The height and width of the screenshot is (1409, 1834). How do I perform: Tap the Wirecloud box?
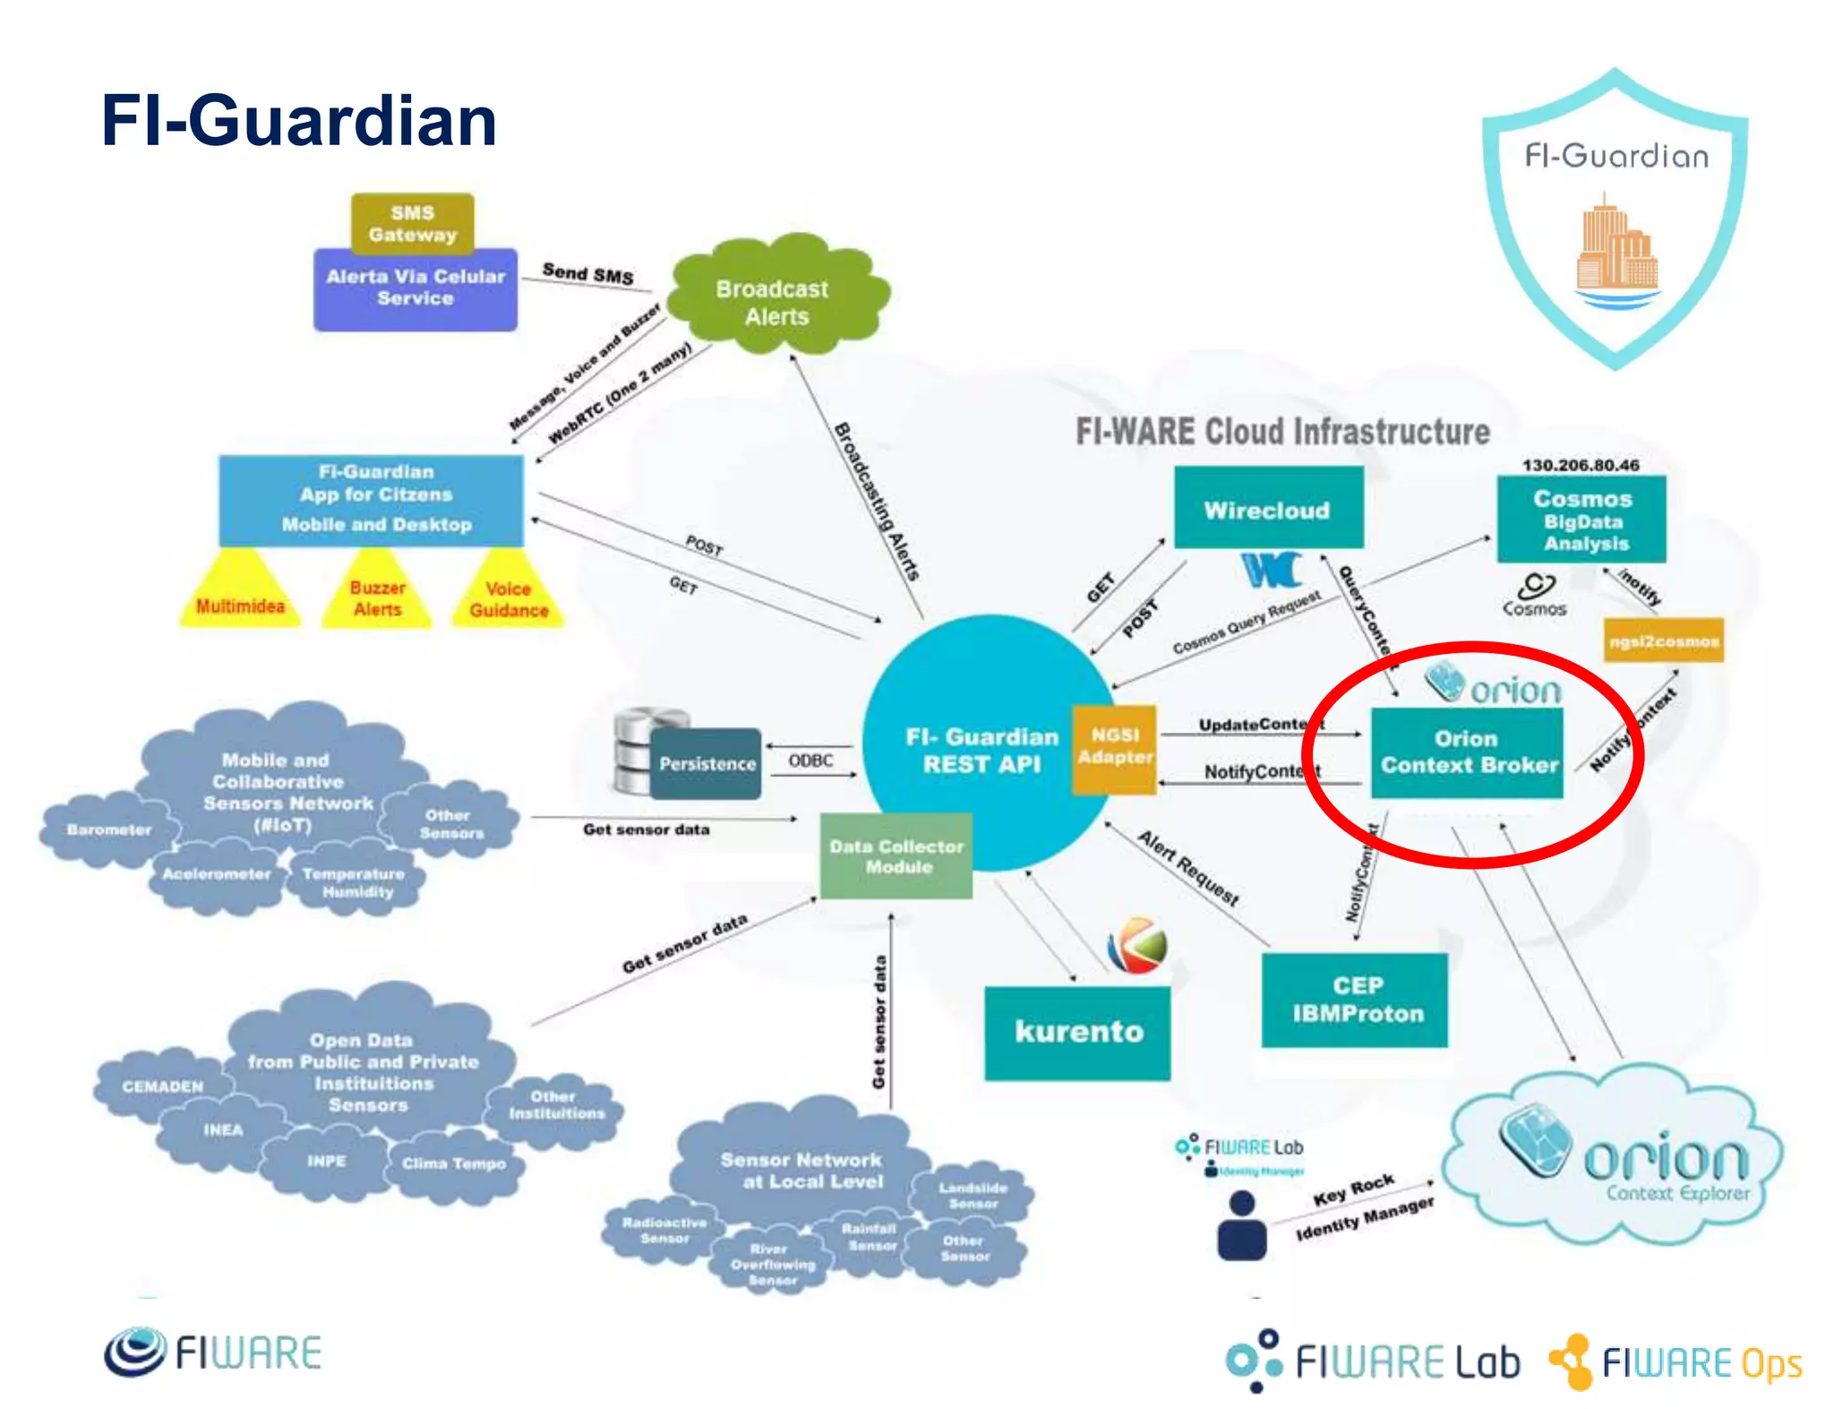pyautogui.click(x=1268, y=508)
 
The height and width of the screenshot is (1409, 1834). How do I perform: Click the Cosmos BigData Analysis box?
pyautogui.click(x=1581, y=520)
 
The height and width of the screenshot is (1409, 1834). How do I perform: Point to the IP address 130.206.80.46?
pyautogui.click(x=1581, y=465)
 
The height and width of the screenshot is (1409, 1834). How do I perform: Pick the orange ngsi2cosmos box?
pyautogui.click(x=1663, y=640)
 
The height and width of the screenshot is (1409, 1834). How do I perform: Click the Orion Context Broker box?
pyautogui.click(x=1467, y=752)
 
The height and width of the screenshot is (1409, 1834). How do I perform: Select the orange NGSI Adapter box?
pyautogui.click(x=1114, y=748)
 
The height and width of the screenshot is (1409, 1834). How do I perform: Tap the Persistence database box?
pyautogui.click(x=705, y=763)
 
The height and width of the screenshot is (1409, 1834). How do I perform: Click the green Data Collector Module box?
pyautogui.click(x=896, y=855)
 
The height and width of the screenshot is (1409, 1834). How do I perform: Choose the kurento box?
pyautogui.click(x=1078, y=1032)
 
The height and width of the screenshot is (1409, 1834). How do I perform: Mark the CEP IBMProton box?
pyautogui.click(x=1355, y=1000)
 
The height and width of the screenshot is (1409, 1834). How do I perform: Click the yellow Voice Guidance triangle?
pyautogui.click(x=508, y=597)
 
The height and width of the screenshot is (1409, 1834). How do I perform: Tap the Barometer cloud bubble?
pyautogui.click(x=108, y=830)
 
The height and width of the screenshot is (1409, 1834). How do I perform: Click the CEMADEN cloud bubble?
pyautogui.click(x=162, y=1087)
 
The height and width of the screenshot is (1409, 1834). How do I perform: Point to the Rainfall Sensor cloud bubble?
pyautogui.click(x=870, y=1237)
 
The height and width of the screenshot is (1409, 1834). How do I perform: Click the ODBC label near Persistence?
pyautogui.click(x=810, y=760)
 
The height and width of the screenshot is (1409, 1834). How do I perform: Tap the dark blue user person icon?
pyautogui.click(x=1242, y=1225)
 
